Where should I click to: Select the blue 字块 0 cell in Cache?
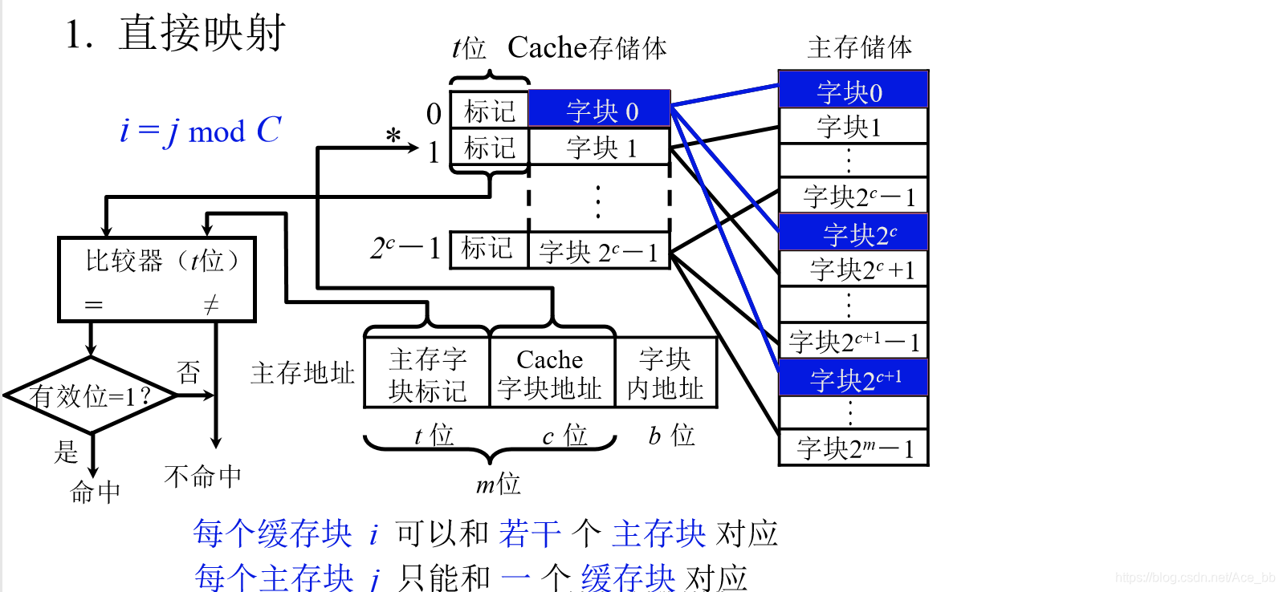tap(599, 110)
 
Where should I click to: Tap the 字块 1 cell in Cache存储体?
tap(599, 148)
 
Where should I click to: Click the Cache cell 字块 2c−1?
tap(599, 252)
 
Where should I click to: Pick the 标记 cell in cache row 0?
tap(489, 111)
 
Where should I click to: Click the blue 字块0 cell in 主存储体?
tap(853, 91)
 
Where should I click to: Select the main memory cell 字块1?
tap(853, 127)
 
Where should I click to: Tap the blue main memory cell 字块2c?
tap(853, 233)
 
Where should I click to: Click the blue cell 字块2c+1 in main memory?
tap(853, 378)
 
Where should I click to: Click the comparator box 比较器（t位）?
tap(157, 279)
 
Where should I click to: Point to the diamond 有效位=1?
tap(90, 395)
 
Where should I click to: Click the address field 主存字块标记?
tap(427, 374)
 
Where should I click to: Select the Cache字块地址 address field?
tap(551, 374)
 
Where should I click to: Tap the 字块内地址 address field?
tap(665, 374)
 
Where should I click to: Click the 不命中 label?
tap(202, 476)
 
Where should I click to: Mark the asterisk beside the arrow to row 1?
tap(393, 136)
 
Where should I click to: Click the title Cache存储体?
tap(587, 48)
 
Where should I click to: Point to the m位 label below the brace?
tap(498, 484)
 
